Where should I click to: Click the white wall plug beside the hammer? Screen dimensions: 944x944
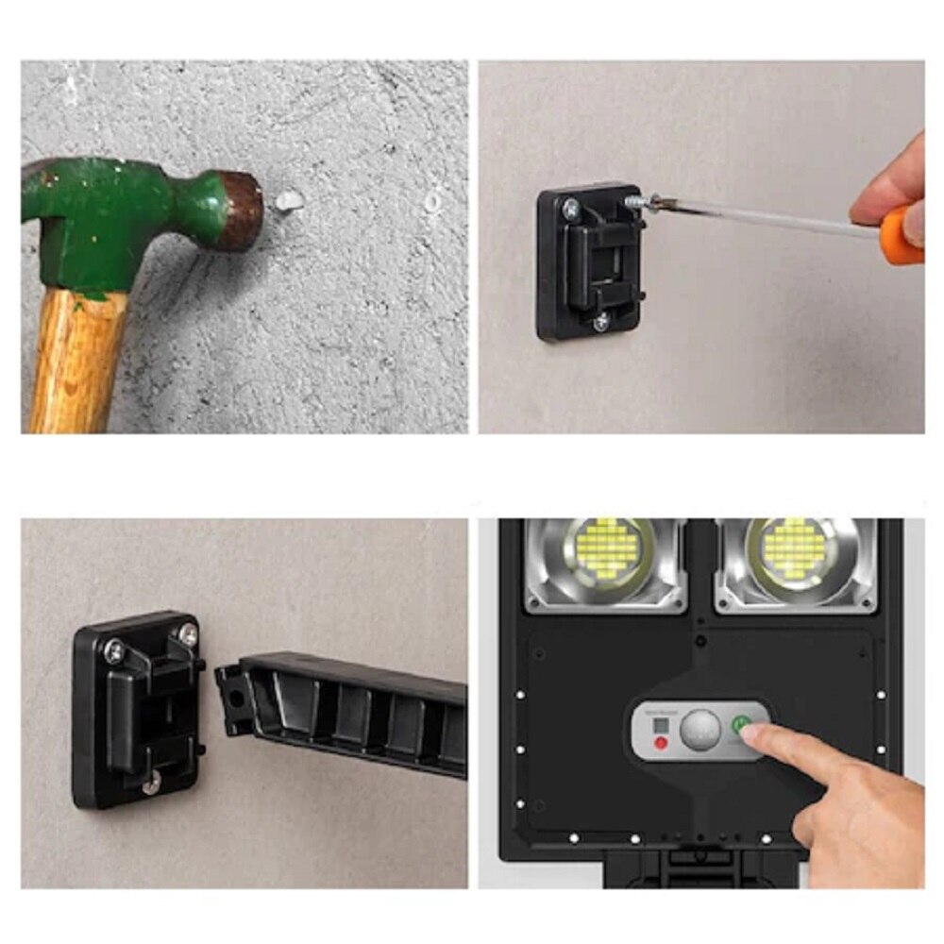pos(289,199)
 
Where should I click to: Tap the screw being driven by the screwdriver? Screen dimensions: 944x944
pos(633,201)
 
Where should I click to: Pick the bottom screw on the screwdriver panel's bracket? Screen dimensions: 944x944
pos(600,322)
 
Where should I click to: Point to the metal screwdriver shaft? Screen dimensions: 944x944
pos(755,215)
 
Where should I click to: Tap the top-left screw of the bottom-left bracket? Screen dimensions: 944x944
pos(114,650)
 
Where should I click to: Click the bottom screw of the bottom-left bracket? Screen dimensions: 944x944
pos(151,781)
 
